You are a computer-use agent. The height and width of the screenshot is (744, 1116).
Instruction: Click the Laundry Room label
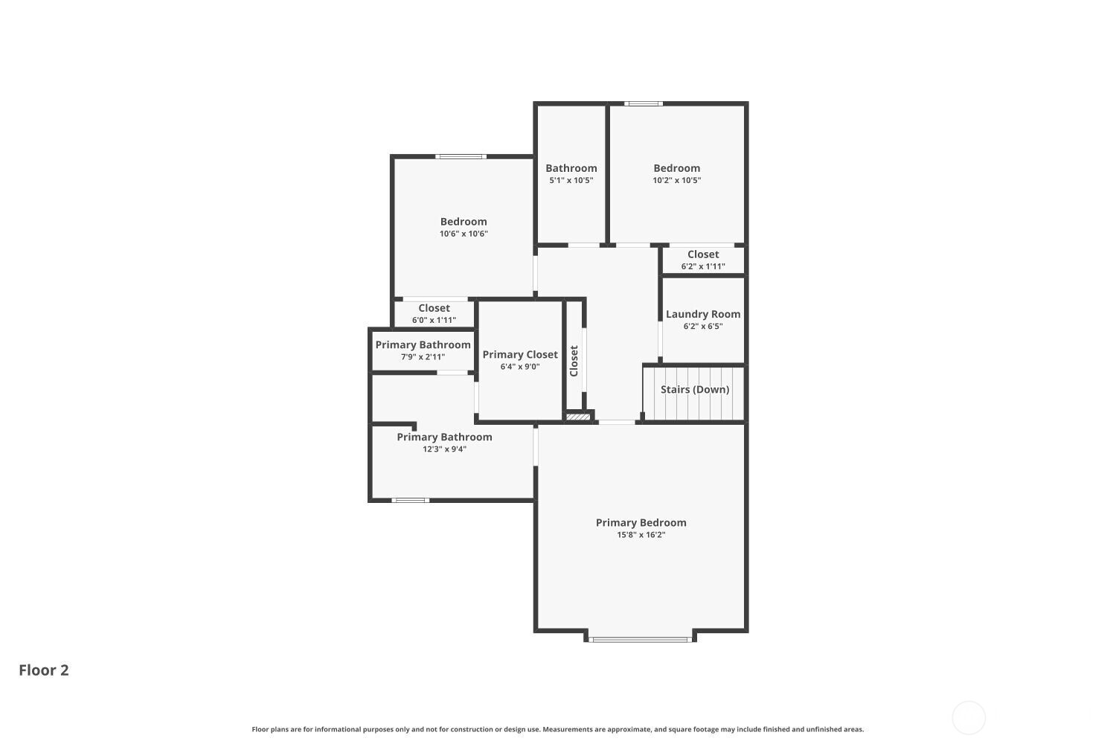pos(702,314)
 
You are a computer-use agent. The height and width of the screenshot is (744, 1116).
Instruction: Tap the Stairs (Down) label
pos(694,389)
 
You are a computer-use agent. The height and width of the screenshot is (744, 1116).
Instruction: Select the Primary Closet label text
pos(519,354)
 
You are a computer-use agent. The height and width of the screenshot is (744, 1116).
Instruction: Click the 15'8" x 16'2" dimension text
pos(641,535)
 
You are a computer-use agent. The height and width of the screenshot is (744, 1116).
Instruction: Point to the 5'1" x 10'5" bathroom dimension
pos(571,180)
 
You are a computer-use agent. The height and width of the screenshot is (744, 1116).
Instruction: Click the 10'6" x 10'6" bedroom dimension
pos(464,234)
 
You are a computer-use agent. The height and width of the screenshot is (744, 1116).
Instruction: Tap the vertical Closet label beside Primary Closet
pos(574,361)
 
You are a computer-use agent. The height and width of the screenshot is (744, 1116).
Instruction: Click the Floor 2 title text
pos(44,670)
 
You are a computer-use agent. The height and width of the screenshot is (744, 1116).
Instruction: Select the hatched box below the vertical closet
pos(578,417)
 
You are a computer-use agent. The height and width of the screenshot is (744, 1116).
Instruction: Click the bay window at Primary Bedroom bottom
pos(640,638)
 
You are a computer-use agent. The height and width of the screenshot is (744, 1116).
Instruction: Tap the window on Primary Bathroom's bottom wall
pos(410,500)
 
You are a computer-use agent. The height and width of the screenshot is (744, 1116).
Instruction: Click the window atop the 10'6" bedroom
pos(461,156)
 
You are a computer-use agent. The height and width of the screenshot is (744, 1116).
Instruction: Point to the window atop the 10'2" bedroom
pos(643,103)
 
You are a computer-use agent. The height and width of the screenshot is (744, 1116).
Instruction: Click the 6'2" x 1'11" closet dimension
pos(702,266)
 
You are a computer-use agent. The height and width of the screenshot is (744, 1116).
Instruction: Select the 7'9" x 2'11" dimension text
pos(423,357)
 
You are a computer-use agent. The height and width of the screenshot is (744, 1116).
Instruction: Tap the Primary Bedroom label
pos(641,522)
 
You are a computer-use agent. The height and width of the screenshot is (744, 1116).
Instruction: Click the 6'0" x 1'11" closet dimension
pos(434,320)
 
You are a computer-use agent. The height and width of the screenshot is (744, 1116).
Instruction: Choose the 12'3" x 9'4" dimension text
pos(444,449)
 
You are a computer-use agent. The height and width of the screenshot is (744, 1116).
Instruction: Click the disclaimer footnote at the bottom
pos(557,729)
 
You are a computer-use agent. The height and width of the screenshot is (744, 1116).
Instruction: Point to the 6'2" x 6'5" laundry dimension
pos(702,326)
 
